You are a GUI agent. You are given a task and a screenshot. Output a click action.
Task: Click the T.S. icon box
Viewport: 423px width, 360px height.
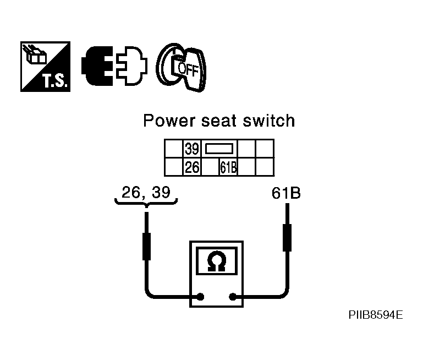[45, 67]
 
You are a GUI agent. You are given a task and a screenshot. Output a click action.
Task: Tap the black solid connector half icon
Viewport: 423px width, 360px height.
[97, 66]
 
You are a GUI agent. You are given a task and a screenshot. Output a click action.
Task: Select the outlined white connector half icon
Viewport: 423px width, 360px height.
[131, 66]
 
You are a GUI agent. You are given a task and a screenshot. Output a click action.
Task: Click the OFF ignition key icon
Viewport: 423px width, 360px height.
[182, 68]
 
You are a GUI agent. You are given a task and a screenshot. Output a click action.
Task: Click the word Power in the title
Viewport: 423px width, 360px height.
[169, 121]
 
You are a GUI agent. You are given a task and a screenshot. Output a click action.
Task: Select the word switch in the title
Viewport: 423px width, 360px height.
[268, 121]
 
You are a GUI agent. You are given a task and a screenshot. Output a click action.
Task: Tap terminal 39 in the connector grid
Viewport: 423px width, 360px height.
[192, 149]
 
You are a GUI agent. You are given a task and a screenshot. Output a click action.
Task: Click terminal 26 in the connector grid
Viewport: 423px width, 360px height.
[192, 167]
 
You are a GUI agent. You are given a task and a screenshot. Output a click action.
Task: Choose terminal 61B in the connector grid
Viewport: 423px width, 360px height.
[228, 167]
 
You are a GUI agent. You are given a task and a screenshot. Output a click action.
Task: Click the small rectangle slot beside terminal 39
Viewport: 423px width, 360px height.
[219, 149]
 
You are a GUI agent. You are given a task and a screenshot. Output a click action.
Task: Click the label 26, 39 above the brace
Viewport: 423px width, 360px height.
[146, 193]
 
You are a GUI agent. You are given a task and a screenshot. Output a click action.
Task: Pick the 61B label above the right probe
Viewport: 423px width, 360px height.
[286, 193]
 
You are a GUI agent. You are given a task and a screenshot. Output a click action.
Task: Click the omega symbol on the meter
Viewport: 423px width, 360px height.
[217, 261]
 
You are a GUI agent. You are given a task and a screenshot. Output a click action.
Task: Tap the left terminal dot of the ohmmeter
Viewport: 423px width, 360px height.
[200, 297]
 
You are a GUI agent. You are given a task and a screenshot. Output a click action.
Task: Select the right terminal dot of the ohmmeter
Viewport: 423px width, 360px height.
[233, 297]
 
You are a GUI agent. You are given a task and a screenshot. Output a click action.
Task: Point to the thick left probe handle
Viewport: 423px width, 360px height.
[146, 247]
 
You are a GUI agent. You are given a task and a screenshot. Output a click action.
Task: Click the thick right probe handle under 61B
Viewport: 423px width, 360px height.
[287, 238]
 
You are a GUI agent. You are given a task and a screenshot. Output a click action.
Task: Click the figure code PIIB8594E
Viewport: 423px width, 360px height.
[376, 315]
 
